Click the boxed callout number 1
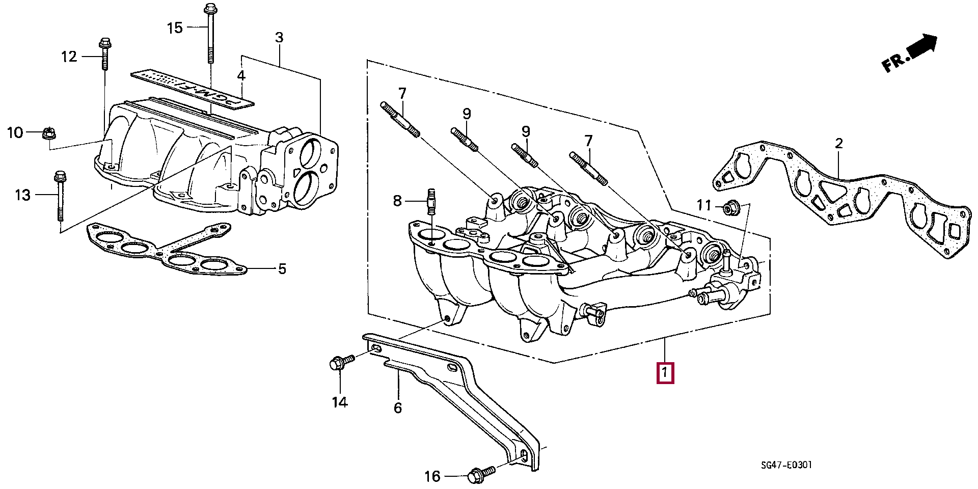click(x=665, y=373)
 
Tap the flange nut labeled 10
click(x=49, y=134)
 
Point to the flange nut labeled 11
click(x=730, y=207)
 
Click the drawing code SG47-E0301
click(x=786, y=465)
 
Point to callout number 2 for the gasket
click(x=839, y=144)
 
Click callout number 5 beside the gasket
click(x=282, y=268)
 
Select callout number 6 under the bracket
click(x=398, y=407)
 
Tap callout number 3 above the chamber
click(x=279, y=37)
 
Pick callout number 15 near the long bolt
click(x=175, y=28)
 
